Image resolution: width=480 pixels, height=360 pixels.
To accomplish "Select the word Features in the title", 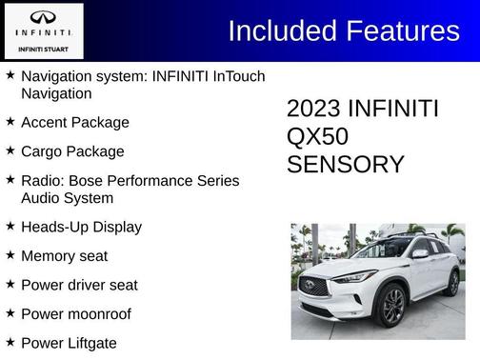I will [399, 30].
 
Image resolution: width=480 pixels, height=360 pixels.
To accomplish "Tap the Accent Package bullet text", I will [74, 123].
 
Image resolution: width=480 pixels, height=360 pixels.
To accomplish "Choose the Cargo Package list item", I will [71, 151].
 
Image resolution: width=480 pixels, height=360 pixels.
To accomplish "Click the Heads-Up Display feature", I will [81, 228].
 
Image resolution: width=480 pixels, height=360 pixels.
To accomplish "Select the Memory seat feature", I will [64, 256].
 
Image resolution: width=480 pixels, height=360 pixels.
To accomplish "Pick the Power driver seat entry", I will [79, 285].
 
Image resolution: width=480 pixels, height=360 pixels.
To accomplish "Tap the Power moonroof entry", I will [75, 313].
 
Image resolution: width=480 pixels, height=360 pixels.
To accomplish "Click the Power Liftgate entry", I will [69, 342].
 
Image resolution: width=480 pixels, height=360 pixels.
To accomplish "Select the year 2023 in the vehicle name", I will [313, 109].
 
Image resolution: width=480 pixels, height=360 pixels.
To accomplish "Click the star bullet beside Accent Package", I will [10, 122].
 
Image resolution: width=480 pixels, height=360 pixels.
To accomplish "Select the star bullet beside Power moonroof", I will [10, 312].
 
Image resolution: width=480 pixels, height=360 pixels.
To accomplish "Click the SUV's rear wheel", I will [452, 283].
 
